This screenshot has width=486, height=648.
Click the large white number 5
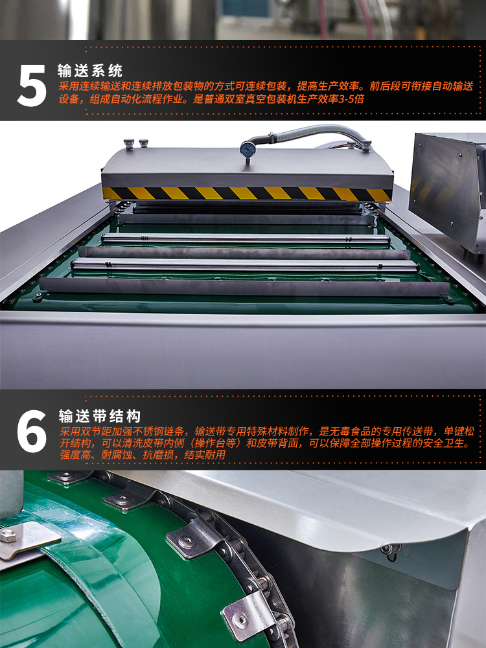32,86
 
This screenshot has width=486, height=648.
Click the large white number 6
32,431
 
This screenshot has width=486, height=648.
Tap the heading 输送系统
90,71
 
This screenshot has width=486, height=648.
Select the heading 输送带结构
100,416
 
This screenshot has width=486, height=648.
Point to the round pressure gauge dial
247,148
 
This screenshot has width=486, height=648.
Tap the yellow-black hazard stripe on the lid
246,193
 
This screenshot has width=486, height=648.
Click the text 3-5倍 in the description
351,99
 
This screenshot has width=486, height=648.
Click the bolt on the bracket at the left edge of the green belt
8,536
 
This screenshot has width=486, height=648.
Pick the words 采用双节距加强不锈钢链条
122,432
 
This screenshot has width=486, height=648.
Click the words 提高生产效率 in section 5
327,86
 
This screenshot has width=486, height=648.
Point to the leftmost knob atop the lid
129,145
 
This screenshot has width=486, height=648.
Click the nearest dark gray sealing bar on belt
245,287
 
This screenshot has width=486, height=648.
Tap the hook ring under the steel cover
391,551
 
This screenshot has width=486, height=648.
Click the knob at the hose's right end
366,145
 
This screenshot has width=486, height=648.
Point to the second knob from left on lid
143,143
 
